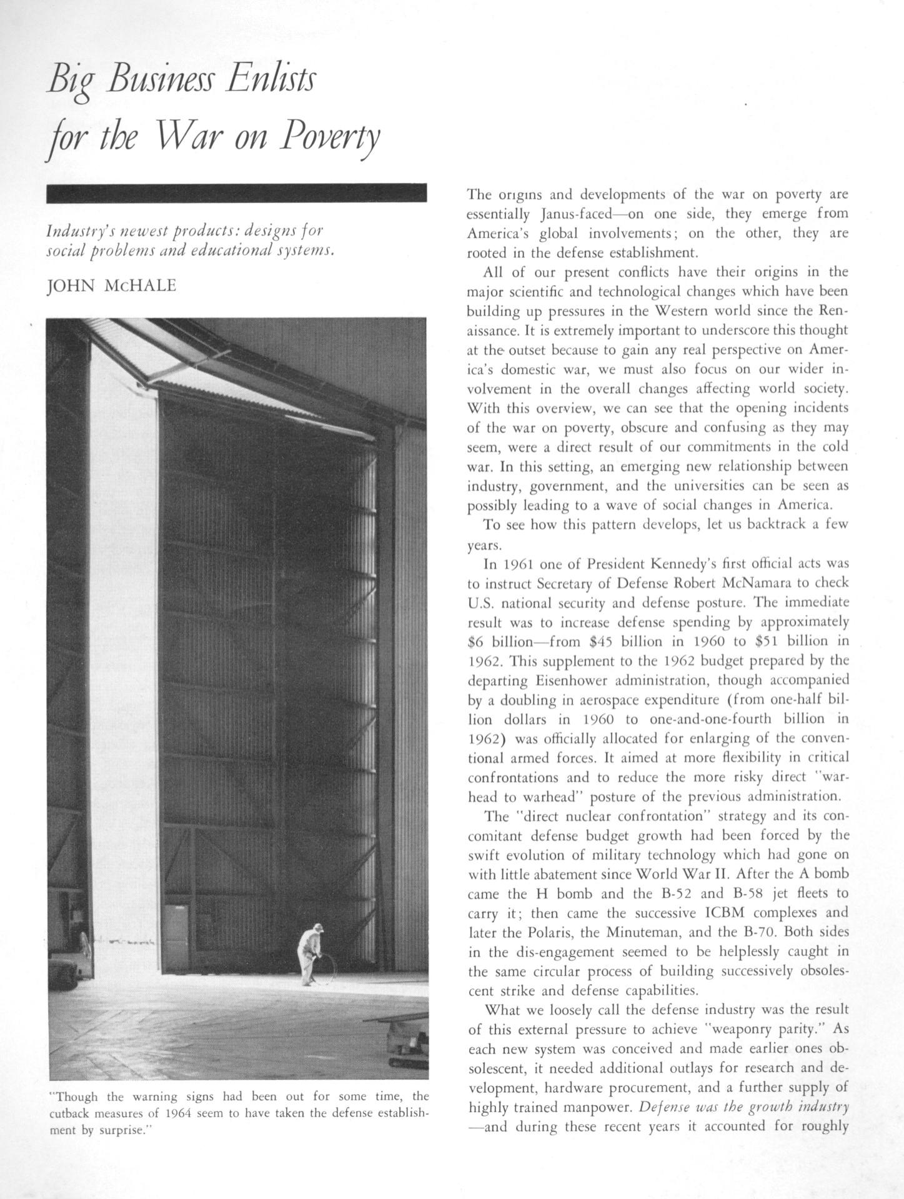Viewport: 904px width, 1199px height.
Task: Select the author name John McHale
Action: click(x=112, y=286)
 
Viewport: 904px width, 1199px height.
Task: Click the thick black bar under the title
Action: click(x=236, y=193)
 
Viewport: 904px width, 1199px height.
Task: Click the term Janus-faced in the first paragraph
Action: click(x=574, y=214)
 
